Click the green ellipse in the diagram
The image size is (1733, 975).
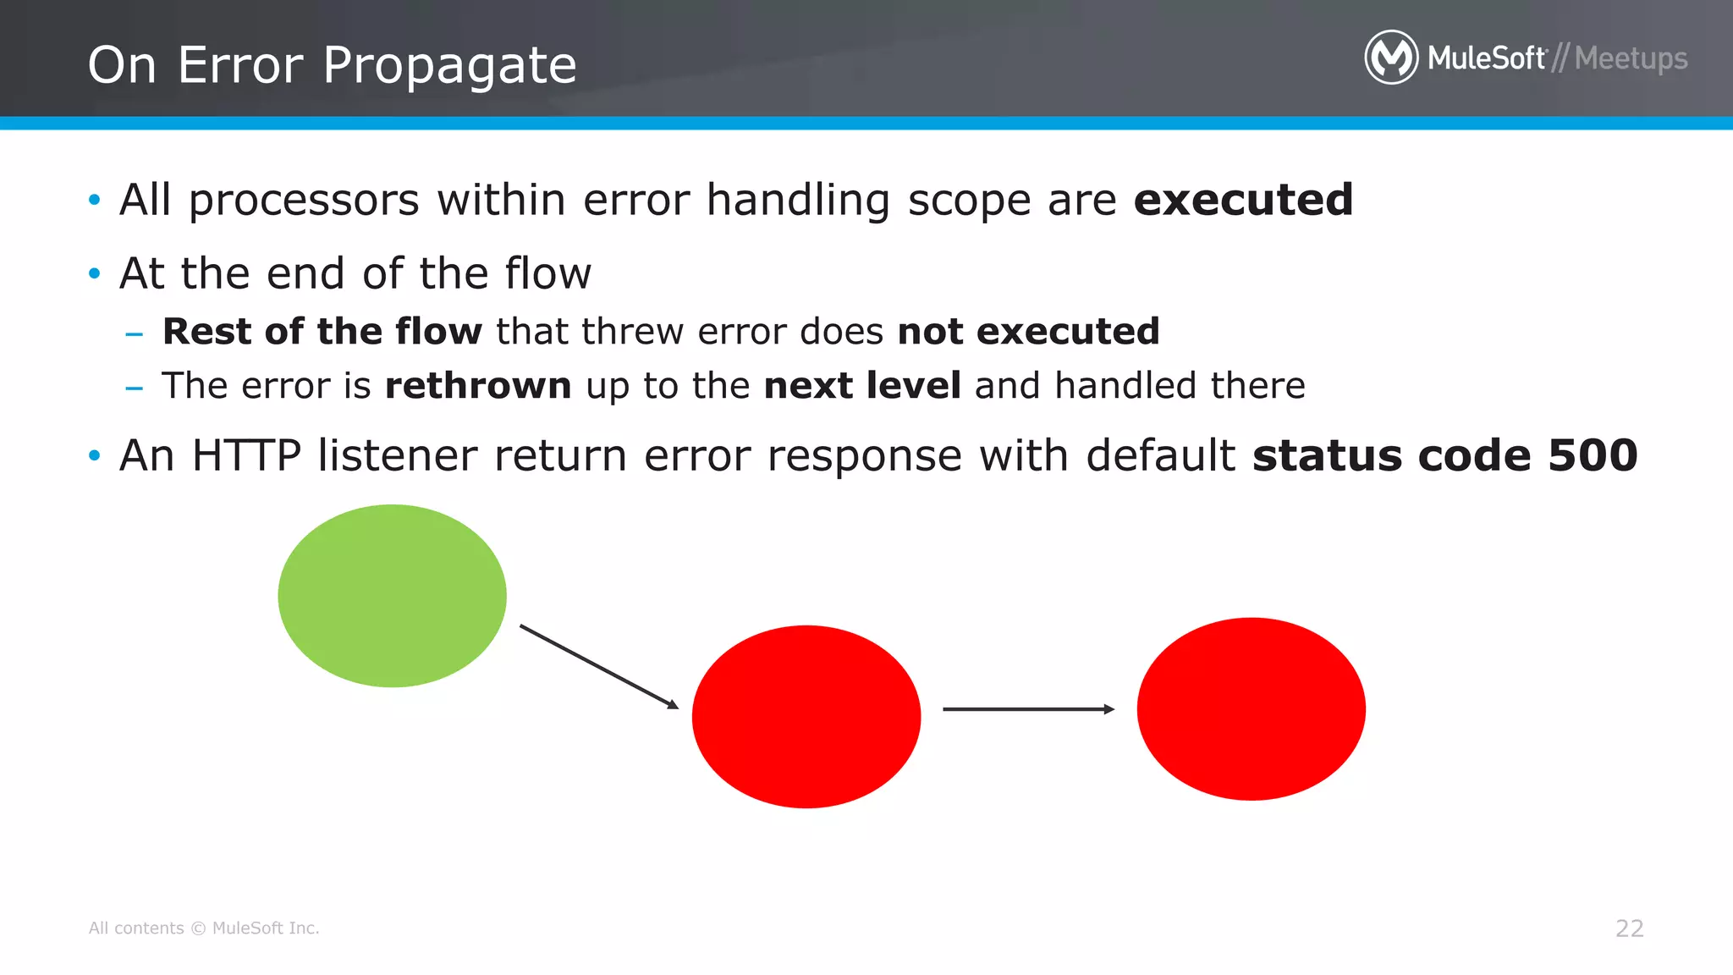point(392,596)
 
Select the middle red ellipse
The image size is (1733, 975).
point(806,716)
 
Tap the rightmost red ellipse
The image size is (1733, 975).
point(1251,708)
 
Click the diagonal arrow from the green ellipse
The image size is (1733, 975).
point(599,667)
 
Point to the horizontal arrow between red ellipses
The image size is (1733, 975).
point(1027,709)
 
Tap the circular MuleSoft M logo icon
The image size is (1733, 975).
point(1390,58)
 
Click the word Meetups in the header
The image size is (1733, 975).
point(1631,58)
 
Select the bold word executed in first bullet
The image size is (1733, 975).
point(1242,200)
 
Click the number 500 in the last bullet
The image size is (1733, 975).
point(1593,455)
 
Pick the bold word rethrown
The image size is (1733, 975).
point(478,386)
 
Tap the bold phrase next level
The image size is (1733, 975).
point(861,386)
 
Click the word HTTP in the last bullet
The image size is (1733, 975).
point(246,455)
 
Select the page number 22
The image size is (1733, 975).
point(1629,928)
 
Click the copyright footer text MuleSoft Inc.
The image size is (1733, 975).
point(265,928)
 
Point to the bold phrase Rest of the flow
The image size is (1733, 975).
point(322,331)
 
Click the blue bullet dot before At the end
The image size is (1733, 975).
point(94,273)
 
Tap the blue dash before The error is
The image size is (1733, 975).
point(134,388)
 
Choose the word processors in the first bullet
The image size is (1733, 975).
point(303,201)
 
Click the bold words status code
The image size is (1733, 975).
point(1391,455)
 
